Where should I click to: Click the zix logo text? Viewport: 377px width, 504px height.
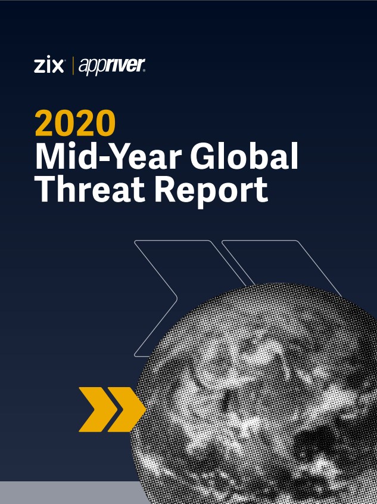coord(49,66)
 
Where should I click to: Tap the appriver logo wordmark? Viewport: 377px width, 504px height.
coord(111,67)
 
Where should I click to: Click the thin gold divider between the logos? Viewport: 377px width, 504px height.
coord(73,66)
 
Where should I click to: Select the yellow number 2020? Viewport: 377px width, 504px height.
coord(75,122)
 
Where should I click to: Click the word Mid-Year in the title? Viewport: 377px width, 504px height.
coord(108,156)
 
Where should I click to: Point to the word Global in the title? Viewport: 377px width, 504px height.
coord(244,156)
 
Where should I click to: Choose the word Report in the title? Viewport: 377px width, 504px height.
coord(211,191)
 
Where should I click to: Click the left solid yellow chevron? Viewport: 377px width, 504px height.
coord(98,409)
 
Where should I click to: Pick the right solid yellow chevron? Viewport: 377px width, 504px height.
coord(126,409)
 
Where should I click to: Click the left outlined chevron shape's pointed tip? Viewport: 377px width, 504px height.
coord(177,298)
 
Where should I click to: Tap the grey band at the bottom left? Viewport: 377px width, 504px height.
coord(74,493)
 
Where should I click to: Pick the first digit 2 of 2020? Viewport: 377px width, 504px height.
coord(45,122)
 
